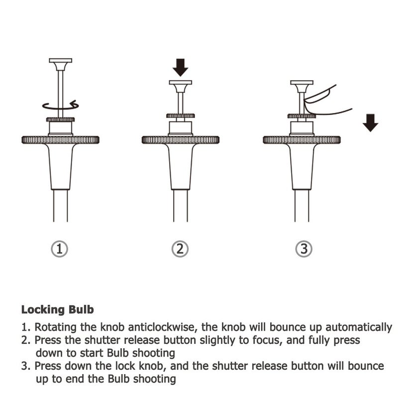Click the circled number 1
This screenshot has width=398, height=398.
(59, 249)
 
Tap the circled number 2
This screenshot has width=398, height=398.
(180, 249)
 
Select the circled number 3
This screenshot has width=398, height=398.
(304, 249)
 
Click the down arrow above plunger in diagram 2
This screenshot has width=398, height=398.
(181, 67)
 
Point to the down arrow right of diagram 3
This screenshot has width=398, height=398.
(370, 123)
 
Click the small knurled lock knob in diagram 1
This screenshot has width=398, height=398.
(60, 119)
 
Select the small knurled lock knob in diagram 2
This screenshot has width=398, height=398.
(181, 116)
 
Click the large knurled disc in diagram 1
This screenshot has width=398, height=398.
(60, 140)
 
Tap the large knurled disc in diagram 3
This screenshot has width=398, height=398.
(302, 140)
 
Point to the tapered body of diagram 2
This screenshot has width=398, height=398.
(181, 167)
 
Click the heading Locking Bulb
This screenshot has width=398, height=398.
(58, 310)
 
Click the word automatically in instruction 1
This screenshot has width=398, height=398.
(359, 328)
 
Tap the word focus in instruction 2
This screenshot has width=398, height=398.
(268, 340)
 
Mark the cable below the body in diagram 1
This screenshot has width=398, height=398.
(60, 205)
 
